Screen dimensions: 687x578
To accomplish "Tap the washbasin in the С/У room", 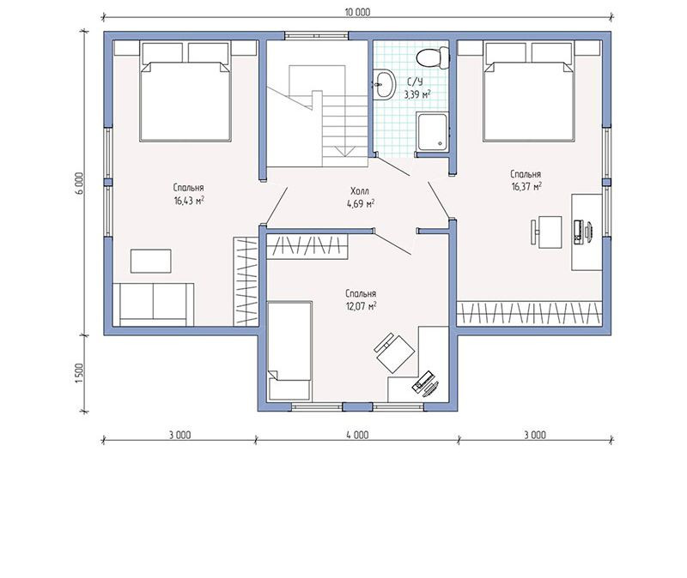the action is click(384, 84).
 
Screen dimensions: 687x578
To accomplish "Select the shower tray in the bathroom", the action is click(433, 132).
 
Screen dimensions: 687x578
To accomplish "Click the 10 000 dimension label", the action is click(357, 12).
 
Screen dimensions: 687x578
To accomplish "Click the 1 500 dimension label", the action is click(79, 373).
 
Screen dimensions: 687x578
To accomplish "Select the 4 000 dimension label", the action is click(357, 435).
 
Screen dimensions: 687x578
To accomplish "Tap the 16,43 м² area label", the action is click(189, 202).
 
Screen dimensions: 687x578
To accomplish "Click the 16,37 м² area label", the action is click(526, 187).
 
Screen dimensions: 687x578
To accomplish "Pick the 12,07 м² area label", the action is click(362, 306).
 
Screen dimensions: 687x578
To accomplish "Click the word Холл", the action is click(360, 191).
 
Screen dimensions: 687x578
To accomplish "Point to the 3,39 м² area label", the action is click(417, 94).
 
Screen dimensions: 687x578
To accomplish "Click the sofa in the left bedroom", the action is click(154, 304).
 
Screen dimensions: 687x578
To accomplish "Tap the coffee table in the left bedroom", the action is click(151, 262).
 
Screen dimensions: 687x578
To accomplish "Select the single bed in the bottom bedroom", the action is click(289, 351).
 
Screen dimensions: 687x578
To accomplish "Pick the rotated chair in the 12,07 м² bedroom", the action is click(394, 353).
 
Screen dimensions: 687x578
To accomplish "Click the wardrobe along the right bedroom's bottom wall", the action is click(529, 314).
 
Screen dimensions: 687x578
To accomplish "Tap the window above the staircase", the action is click(316, 36).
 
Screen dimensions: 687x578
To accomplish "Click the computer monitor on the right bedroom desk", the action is click(588, 231).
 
